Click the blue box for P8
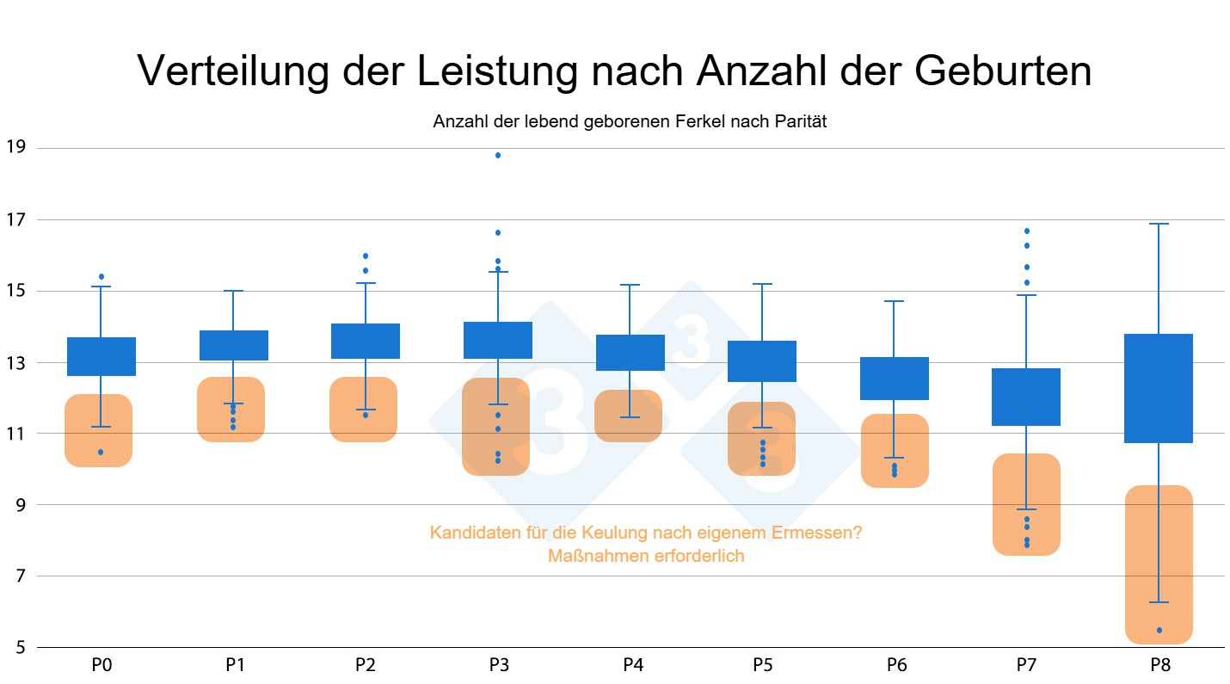tap(1159, 388)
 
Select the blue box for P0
tap(101, 356)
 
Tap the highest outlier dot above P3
tap(498, 156)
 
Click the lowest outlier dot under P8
tap(1159, 631)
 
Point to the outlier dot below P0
tap(101, 452)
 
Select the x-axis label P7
tap(1026, 665)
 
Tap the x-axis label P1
tap(233, 665)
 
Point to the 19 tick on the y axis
tap(15, 148)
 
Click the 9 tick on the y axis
tap(20, 505)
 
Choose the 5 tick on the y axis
tap(20, 647)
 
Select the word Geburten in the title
tap(1003, 71)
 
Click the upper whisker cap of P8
tap(1159, 224)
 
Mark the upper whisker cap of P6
tap(895, 301)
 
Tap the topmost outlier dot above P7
tap(1027, 231)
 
